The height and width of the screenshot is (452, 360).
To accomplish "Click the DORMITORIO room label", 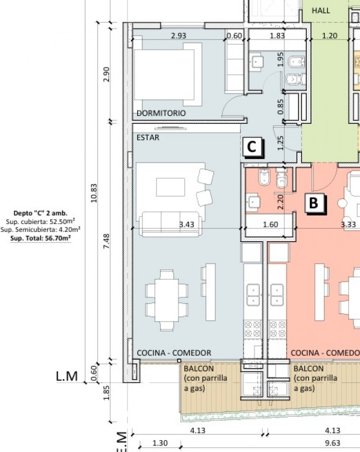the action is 161,113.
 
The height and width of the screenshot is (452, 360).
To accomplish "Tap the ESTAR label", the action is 148,138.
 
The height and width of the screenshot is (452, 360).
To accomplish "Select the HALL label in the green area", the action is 320,10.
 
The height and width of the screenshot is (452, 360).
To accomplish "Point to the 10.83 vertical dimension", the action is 93,193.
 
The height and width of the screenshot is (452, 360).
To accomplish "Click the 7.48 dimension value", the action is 107,242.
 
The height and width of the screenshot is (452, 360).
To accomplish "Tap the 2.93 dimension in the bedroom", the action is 179,36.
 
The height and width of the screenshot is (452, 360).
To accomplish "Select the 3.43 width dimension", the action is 187,224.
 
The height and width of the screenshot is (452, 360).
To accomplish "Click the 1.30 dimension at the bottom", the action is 160,443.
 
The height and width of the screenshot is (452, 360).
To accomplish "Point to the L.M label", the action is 67,376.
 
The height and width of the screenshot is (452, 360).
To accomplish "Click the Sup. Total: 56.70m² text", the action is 40,238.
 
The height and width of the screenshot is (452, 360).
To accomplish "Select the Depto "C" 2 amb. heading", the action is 40,213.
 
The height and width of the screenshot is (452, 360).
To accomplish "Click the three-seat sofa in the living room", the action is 170,224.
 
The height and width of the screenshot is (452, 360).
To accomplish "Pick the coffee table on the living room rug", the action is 170,187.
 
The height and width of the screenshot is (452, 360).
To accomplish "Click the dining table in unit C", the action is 167,300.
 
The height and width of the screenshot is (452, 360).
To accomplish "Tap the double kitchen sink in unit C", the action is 253,295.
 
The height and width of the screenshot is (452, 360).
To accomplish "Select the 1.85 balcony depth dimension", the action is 107,393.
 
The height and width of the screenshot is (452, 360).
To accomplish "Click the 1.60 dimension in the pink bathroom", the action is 270,224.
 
